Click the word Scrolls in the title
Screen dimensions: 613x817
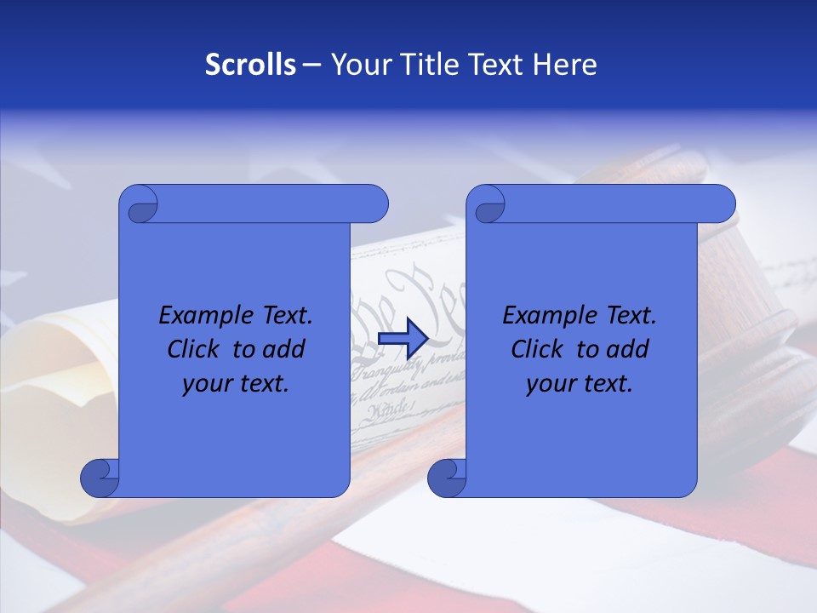(x=250, y=65)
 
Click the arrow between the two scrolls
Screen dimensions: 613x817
(x=403, y=338)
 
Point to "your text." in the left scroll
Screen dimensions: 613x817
(x=236, y=384)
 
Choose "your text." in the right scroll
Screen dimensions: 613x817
(x=580, y=384)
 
